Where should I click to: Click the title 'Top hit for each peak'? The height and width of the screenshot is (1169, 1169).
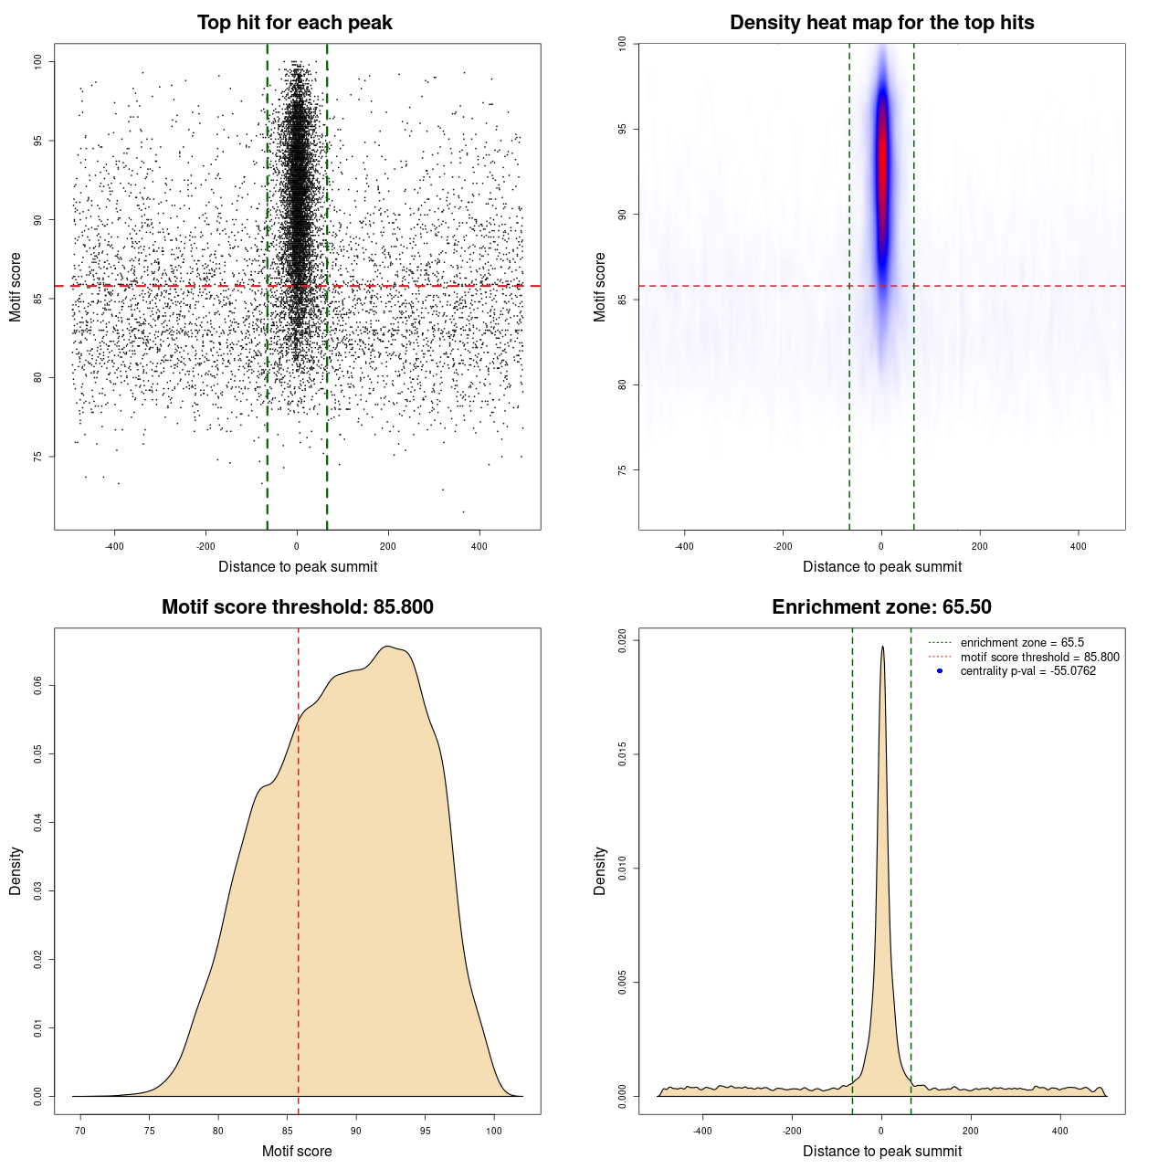[x=294, y=23]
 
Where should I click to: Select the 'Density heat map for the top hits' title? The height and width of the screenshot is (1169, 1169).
[x=881, y=23]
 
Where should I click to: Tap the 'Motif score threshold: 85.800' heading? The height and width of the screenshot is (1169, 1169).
[x=297, y=607]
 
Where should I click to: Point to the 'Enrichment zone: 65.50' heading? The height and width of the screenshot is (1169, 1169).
[x=881, y=607]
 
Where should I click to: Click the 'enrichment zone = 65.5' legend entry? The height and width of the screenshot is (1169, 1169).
[x=1021, y=643]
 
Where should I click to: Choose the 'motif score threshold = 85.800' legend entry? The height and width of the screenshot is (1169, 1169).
[x=1039, y=658]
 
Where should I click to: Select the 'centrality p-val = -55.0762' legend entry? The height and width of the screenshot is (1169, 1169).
[x=1027, y=671]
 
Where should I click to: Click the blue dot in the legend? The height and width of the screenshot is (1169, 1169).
[x=940, y=671]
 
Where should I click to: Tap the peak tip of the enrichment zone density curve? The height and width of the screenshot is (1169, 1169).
[x=882, y=648]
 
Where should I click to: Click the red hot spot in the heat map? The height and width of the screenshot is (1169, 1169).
[x=882, y=164]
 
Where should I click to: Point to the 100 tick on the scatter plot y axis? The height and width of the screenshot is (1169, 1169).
[x=37, y=61]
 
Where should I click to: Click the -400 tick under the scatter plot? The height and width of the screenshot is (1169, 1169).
[x=114, y=546]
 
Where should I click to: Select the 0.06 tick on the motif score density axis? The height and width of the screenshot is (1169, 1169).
[x=37, y=685]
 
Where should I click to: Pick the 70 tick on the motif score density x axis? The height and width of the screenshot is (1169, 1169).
[x=80, y=1131]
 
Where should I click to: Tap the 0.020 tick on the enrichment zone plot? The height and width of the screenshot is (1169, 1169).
[x=622, y=640]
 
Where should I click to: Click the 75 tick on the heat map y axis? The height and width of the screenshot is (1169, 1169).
[x=622, y=469]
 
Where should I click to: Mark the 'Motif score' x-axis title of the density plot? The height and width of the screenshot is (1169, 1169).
[x=297, y=1151]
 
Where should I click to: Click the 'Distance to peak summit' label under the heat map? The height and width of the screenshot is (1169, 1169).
[x=881, y=566]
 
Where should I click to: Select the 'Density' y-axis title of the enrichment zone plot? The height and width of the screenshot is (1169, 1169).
[x=599, y=870]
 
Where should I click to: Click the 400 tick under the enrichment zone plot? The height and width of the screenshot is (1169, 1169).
[x=1059, y=1131]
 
